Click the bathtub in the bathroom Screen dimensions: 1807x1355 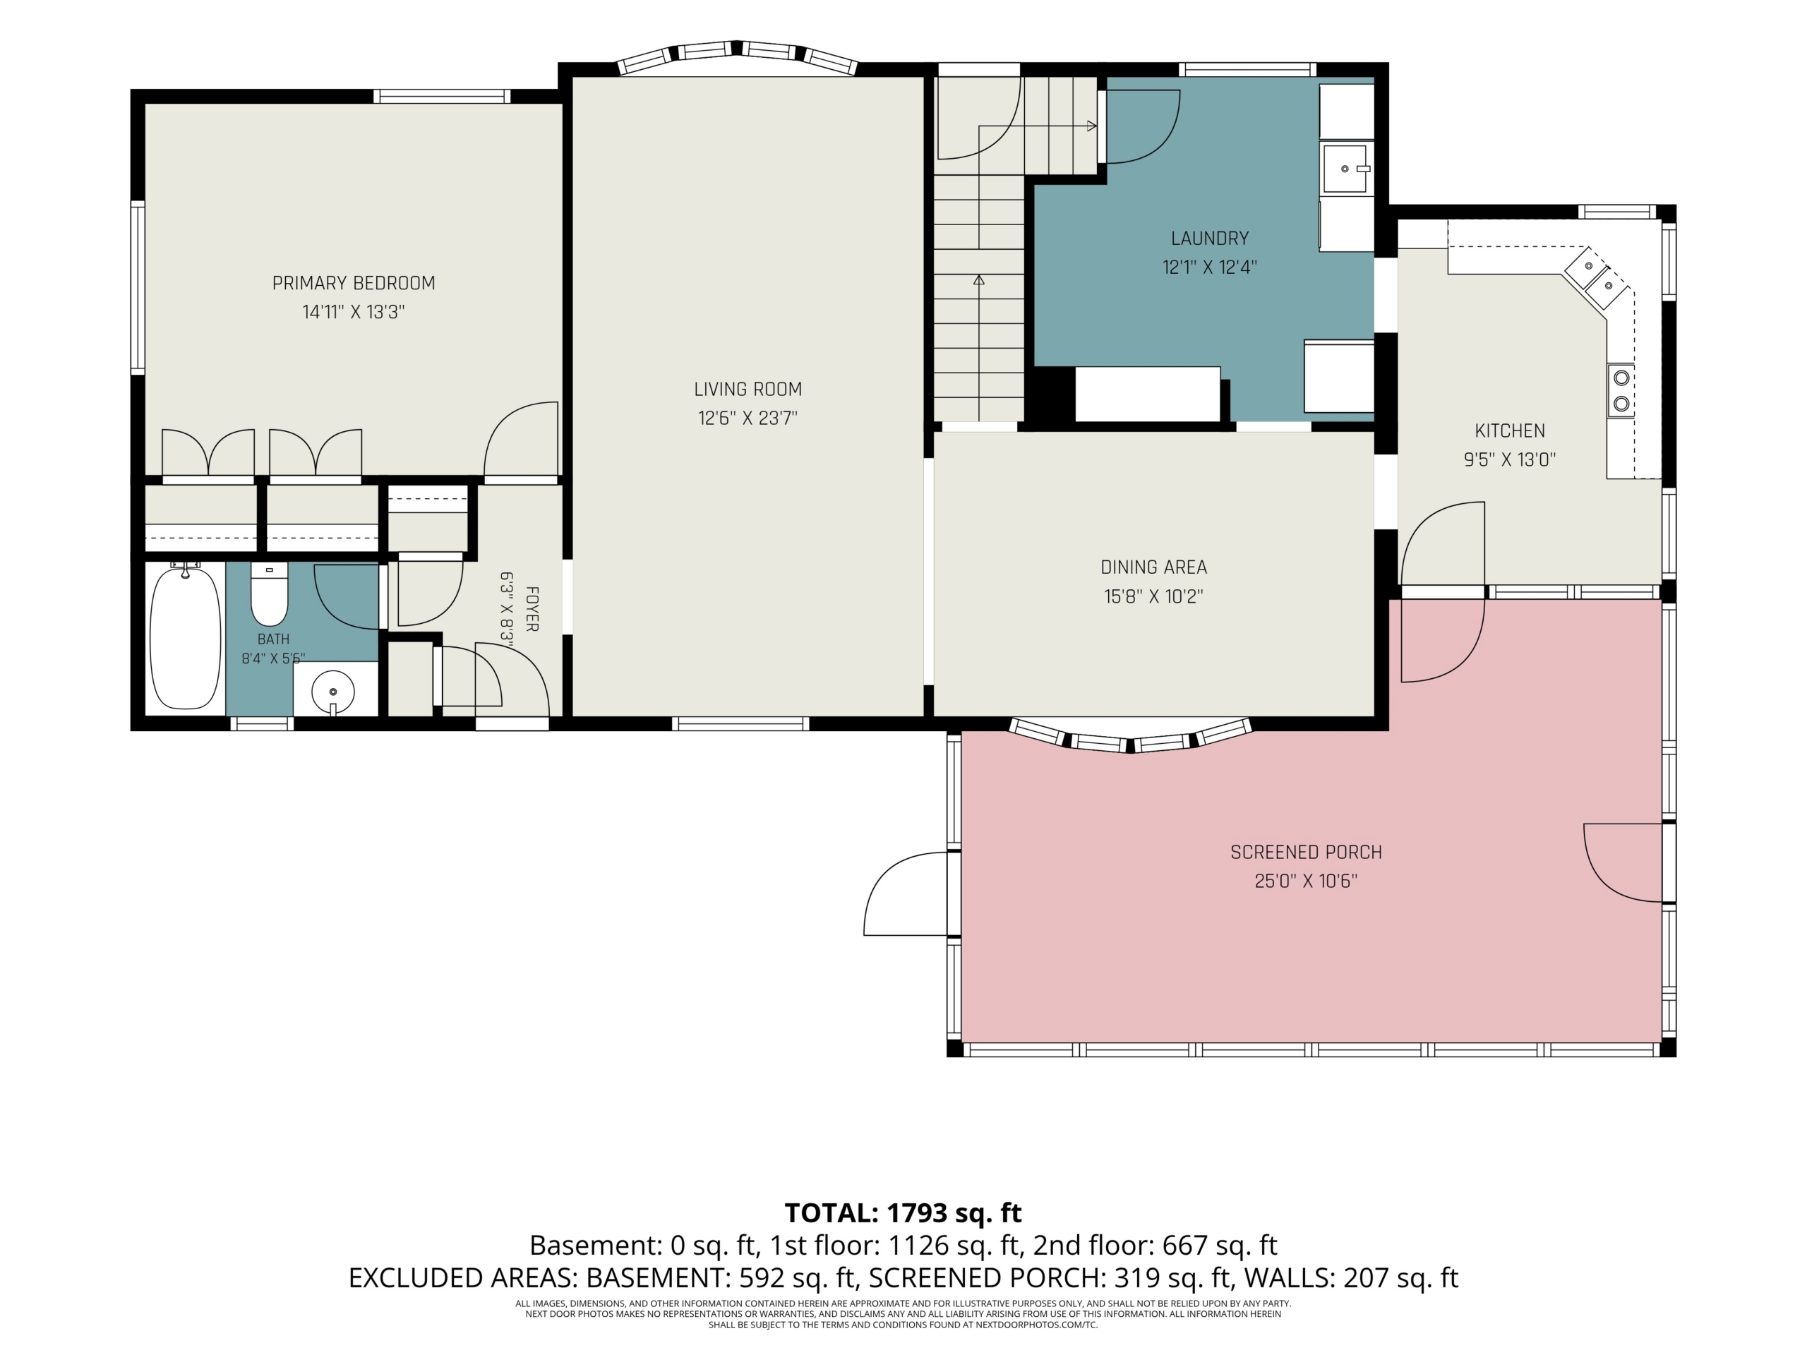tap(186, 639)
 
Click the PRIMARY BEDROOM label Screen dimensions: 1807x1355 tap(354, 284)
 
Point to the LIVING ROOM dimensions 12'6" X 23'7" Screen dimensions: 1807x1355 tap(748, 418)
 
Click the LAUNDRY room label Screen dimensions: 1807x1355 tap(1210, 239)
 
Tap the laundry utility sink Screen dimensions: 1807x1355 tap(1345, 168)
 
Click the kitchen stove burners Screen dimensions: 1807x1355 tap(1621, 390)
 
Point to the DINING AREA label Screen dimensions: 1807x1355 tap(1153, 567)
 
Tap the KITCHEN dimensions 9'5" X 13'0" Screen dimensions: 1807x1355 tap(1510, 460)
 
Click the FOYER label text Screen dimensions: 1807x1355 tap(532, 608)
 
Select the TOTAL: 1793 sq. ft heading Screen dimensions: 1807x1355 tap(903, 1213)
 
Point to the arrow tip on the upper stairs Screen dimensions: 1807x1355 tap(1095, 126)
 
